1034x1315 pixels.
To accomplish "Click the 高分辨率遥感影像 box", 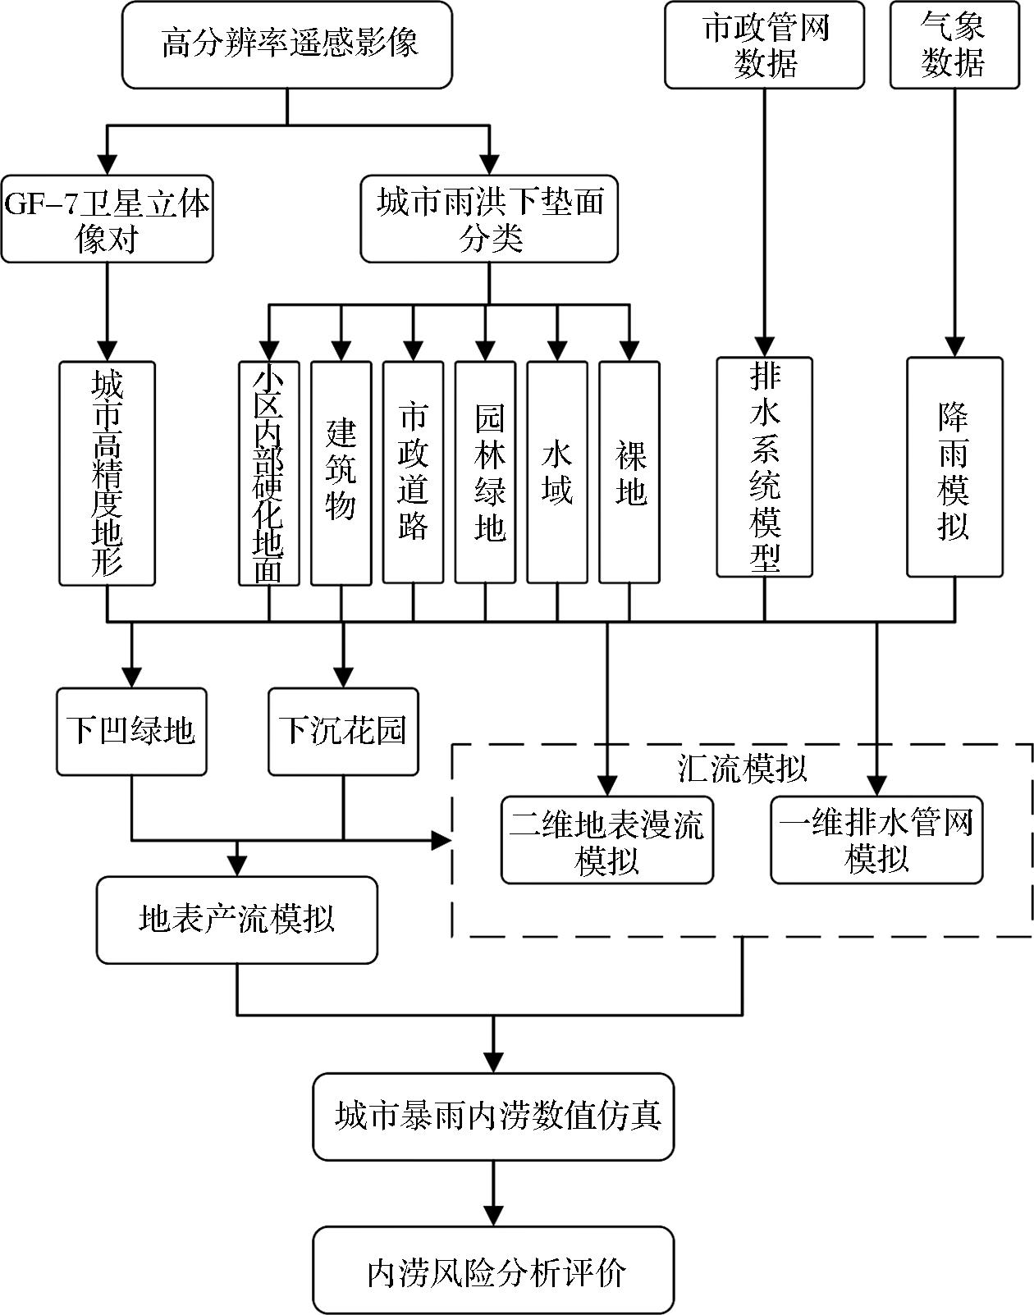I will [x=287, y=44].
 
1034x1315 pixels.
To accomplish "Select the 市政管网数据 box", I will [x=764, y=44].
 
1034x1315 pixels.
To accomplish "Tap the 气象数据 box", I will [x=954, y=44].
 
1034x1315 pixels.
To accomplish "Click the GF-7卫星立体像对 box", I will [x=107, y=219].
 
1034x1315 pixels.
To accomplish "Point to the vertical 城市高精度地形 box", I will [x=107, y=473].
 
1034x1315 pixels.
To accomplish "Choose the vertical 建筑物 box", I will [x=341, y=473].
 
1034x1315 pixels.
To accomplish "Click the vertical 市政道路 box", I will [x=413, y=473].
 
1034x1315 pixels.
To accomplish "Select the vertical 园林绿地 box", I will [x=485, y=473].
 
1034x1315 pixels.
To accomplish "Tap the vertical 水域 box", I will [x=557, y=473].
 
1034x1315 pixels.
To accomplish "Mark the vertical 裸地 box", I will [x=629, y=473].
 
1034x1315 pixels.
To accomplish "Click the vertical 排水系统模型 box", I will [x=764, y=467].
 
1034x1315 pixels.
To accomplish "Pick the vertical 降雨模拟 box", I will [x=954, y=467].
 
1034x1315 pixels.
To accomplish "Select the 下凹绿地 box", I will [x=131, y=731].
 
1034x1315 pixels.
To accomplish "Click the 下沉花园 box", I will [x=343, y=731].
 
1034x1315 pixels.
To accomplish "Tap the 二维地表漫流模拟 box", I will [x=607, y=840].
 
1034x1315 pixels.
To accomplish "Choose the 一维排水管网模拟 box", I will [x=876, y=840].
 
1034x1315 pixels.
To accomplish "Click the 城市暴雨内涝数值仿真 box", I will [x=493, y=1116].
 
